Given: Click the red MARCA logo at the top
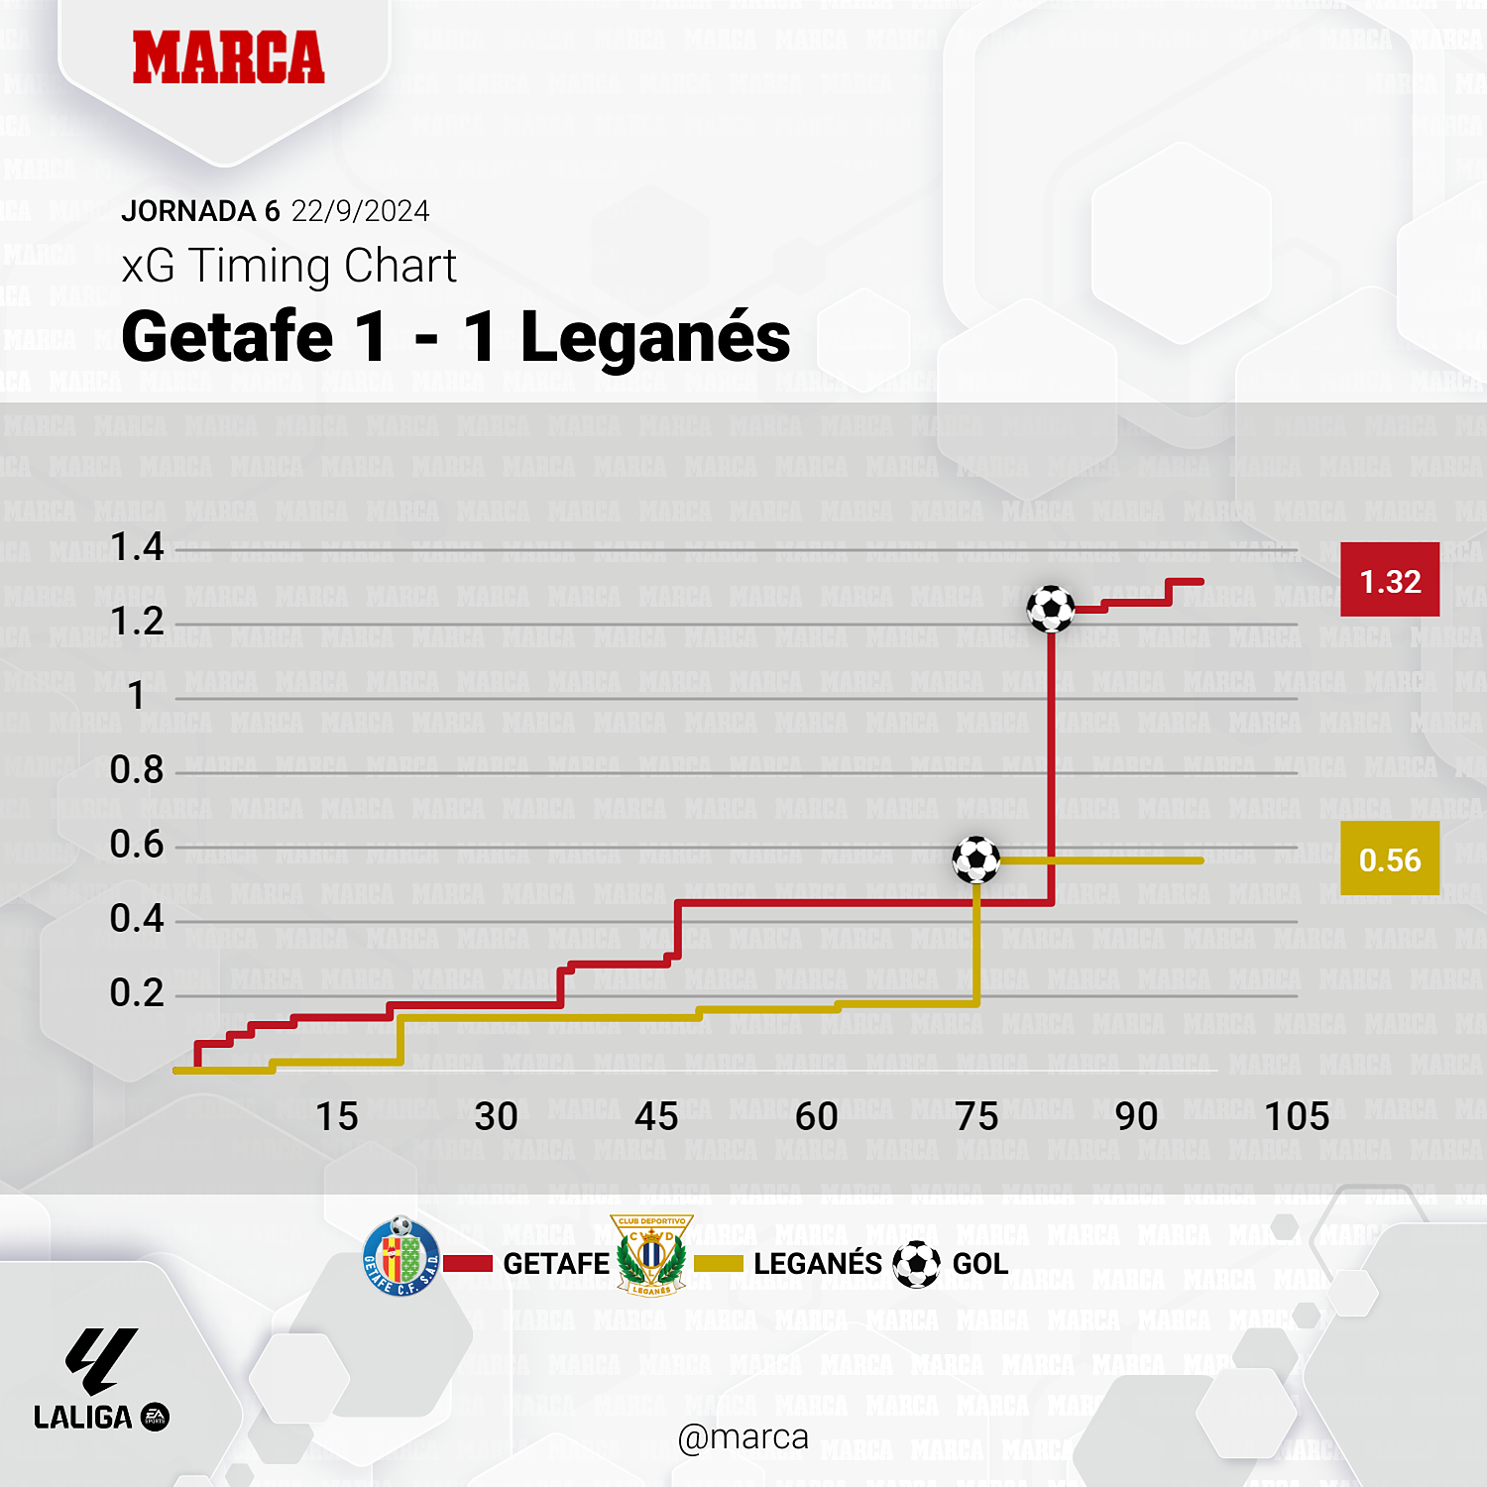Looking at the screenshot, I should [x=228, y=57].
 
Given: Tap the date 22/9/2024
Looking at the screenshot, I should [x=360, y=211].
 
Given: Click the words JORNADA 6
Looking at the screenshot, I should [x=200, y=211].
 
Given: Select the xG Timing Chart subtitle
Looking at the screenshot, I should [x=288, y=266].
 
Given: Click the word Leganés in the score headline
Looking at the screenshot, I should [x=655, y=337].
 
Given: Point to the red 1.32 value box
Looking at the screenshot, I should [x=1390, y=581].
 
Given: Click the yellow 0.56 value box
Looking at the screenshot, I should [x=1390, y=859].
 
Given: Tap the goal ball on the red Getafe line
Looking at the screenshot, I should [x=1051, y=609].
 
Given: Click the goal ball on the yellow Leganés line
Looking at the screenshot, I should [x=976, y=859].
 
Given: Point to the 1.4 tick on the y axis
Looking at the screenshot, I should [x=137, y=547].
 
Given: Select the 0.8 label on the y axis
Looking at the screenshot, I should [x=137, y=770].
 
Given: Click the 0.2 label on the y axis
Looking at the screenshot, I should [x=137, y=993].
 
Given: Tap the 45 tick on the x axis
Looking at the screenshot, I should [x=656, y=1117].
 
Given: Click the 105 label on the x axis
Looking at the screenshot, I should [x=1297, y=1117].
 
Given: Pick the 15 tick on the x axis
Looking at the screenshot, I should [x=337, y=1117].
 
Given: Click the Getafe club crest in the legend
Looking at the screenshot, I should [x=401, y=1257].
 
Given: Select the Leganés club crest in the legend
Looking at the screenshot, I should [x=651, y=1255].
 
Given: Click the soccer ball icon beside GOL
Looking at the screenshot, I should [x=916, y=1264].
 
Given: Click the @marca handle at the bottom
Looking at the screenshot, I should [x=743, y=1437].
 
